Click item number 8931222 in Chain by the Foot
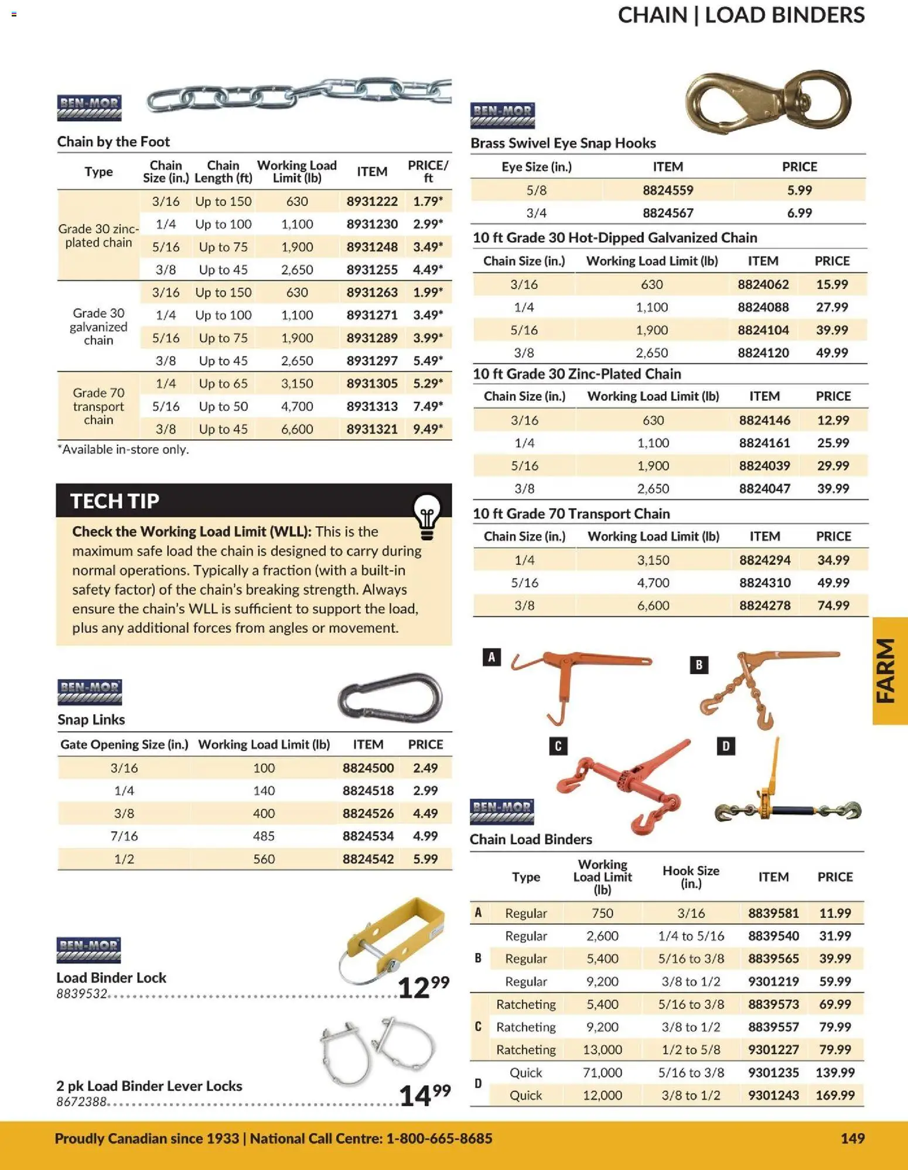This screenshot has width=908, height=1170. click(x=372, y=201)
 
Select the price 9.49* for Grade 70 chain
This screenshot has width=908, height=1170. click(x=428, y=429)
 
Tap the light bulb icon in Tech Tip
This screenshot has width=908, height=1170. click(x=427, y=516)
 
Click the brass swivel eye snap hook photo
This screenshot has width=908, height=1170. click(x=767, y=102)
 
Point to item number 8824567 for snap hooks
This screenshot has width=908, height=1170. click(x=668, y=213)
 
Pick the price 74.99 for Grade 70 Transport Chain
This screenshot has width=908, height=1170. click(x=833, y=605)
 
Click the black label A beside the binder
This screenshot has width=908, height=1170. click(x=491, y=657)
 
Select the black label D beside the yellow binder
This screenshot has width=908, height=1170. click(x=726, y=746)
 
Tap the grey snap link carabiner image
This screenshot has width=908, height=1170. click(x=390, y=698)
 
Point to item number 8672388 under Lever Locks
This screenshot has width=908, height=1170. click(x=81, y=1102)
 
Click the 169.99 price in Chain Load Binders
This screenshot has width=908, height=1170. click(x=835, y=1095)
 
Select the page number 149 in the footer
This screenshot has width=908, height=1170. click(x=852, y=1138)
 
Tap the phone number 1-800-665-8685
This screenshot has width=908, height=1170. click(x=439, y=1138)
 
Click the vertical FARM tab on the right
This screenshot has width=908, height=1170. click(x=888, y=671)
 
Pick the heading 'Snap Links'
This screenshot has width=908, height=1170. click(x=91, y=719)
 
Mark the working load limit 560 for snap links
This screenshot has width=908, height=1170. click(x=264, y=859)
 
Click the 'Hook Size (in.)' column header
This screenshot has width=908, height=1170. click(x=691, y=877)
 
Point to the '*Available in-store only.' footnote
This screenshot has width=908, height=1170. click(x=123, y=450)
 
